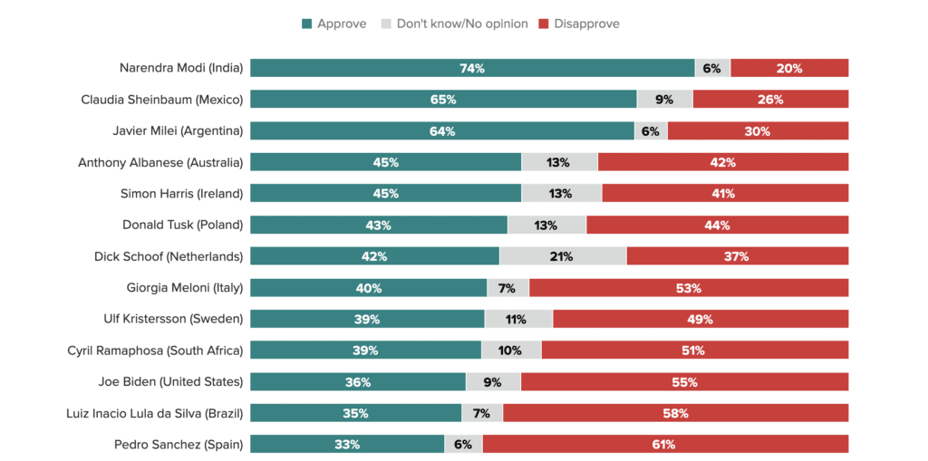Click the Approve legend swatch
click(x=306, y=24)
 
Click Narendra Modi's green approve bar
click(x=472, y=68)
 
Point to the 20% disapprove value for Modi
click(x=789, y=68)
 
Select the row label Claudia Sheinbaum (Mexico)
click(x=161, y=99)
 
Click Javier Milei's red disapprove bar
click(x=758, y=130)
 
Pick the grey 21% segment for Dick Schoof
click(x=562, y=256)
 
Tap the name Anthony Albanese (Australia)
click(x=160, y=162)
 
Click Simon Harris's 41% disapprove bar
click(x=724, y=193)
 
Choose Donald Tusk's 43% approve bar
click(x=378, y=225)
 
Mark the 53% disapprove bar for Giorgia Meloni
click(x=689, y=288)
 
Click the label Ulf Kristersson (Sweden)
click(x=173, y=319)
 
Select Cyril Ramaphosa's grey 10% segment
click(x=510, y=351)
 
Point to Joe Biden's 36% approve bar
click(x=357, y=381)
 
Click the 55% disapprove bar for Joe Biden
click(x=684, y=381)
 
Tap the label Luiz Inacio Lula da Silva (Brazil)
click(x=155, y=413)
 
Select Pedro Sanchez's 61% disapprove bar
click(x=664, y=444)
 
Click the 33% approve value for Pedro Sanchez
click(x=347, y=444)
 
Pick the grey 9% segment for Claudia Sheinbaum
click(x=664, y=99)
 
